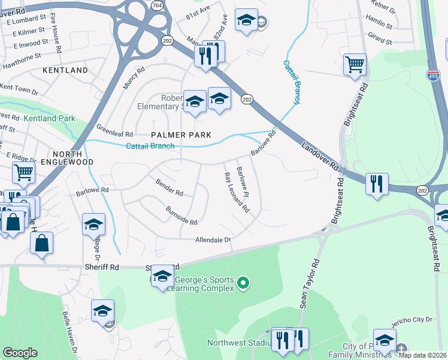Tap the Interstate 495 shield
pos(433,76)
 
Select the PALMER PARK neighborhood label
pos(181,135)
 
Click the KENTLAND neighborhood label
pos(65,70)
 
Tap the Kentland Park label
pos(50,119)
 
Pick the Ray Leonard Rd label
pos(236,193)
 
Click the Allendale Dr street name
pos(213,240)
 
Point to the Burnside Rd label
pos(181,215)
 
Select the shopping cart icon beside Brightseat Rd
pos(355,64)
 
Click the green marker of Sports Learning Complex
pos(243,281)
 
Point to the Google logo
pos(20,353)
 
